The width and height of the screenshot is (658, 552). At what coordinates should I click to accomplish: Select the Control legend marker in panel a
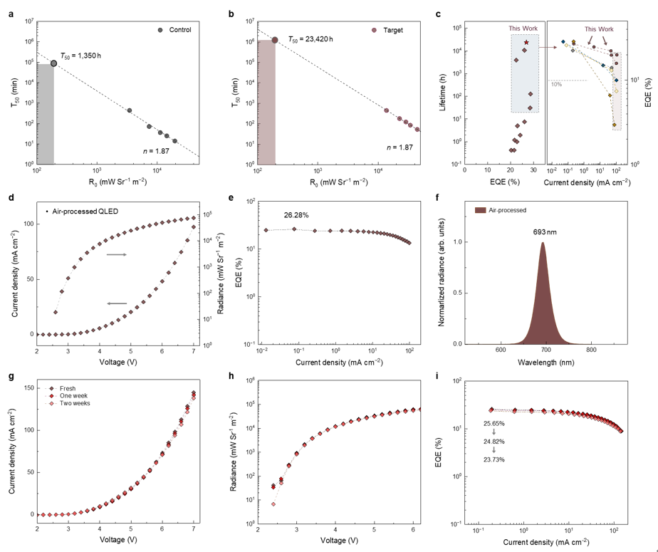coord(160,30)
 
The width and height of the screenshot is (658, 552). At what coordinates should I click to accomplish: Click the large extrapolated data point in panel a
coord(53,63)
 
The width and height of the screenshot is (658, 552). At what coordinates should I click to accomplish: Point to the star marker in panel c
coord(526,43)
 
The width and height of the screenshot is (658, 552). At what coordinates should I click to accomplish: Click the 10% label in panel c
coord(555,83)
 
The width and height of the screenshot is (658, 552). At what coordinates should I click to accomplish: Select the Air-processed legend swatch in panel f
coord(479,209)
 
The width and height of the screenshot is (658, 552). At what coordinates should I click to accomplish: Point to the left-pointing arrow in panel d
coord(117,303)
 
